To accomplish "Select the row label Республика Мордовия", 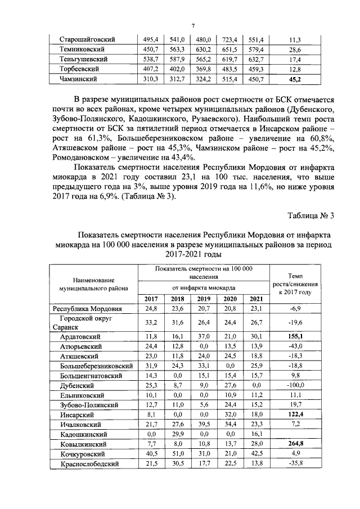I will (x=87, y=309).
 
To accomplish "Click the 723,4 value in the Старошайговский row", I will (x=230, y=40).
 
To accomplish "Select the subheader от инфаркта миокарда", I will (x=204, y=287).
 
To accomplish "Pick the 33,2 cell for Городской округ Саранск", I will (x=151, y=322).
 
